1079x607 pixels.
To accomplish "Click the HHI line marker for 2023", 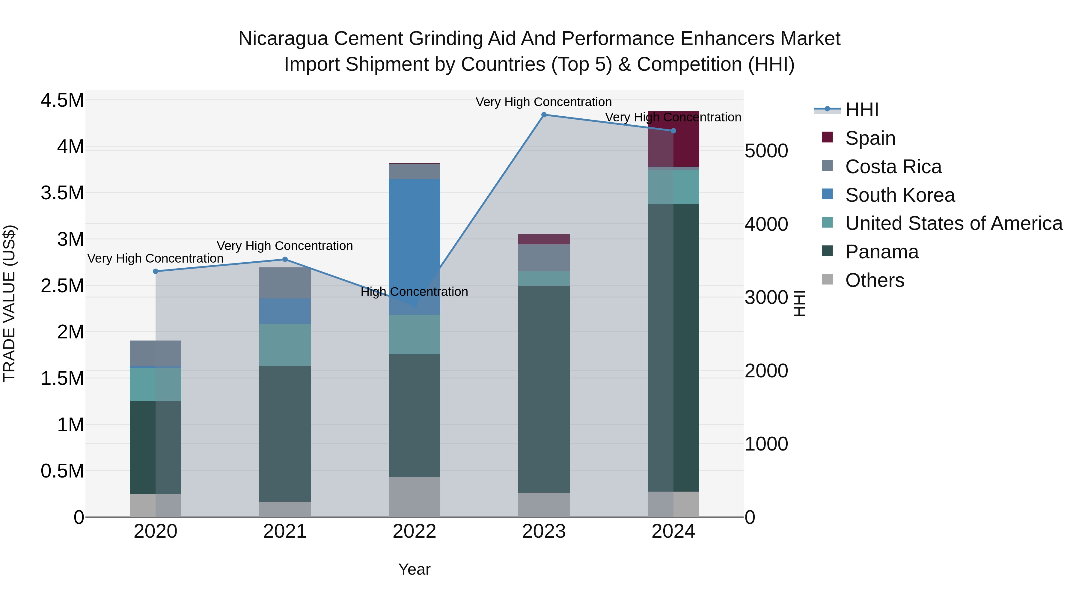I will pos(544,115).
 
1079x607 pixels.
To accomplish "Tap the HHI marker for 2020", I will pos(156,272).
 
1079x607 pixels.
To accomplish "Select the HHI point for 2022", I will pos(414,305).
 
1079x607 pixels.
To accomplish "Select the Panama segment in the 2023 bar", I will pos(544,390).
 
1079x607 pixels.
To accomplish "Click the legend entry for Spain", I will pos(870,138).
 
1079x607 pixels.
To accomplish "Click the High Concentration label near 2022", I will pos(414,292).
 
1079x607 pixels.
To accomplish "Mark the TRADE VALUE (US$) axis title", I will pos(9,303).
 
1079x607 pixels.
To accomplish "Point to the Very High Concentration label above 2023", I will pos(544,102).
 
